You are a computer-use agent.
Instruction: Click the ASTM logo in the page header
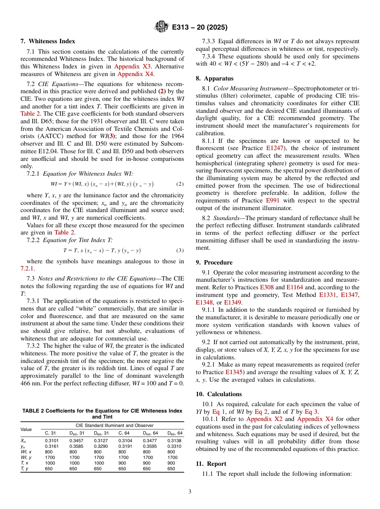point(162,27)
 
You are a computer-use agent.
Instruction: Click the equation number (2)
point(180,184)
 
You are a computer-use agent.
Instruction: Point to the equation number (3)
point(180,250)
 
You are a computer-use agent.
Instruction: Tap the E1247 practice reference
point(274,148)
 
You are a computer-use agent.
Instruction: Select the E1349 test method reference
point(232,302)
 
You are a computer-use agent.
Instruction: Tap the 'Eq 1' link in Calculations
point(219,412)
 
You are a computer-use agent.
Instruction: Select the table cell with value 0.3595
point(150,446)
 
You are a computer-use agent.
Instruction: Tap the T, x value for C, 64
point(123,463)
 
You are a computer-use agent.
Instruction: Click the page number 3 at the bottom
point(190,492)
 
